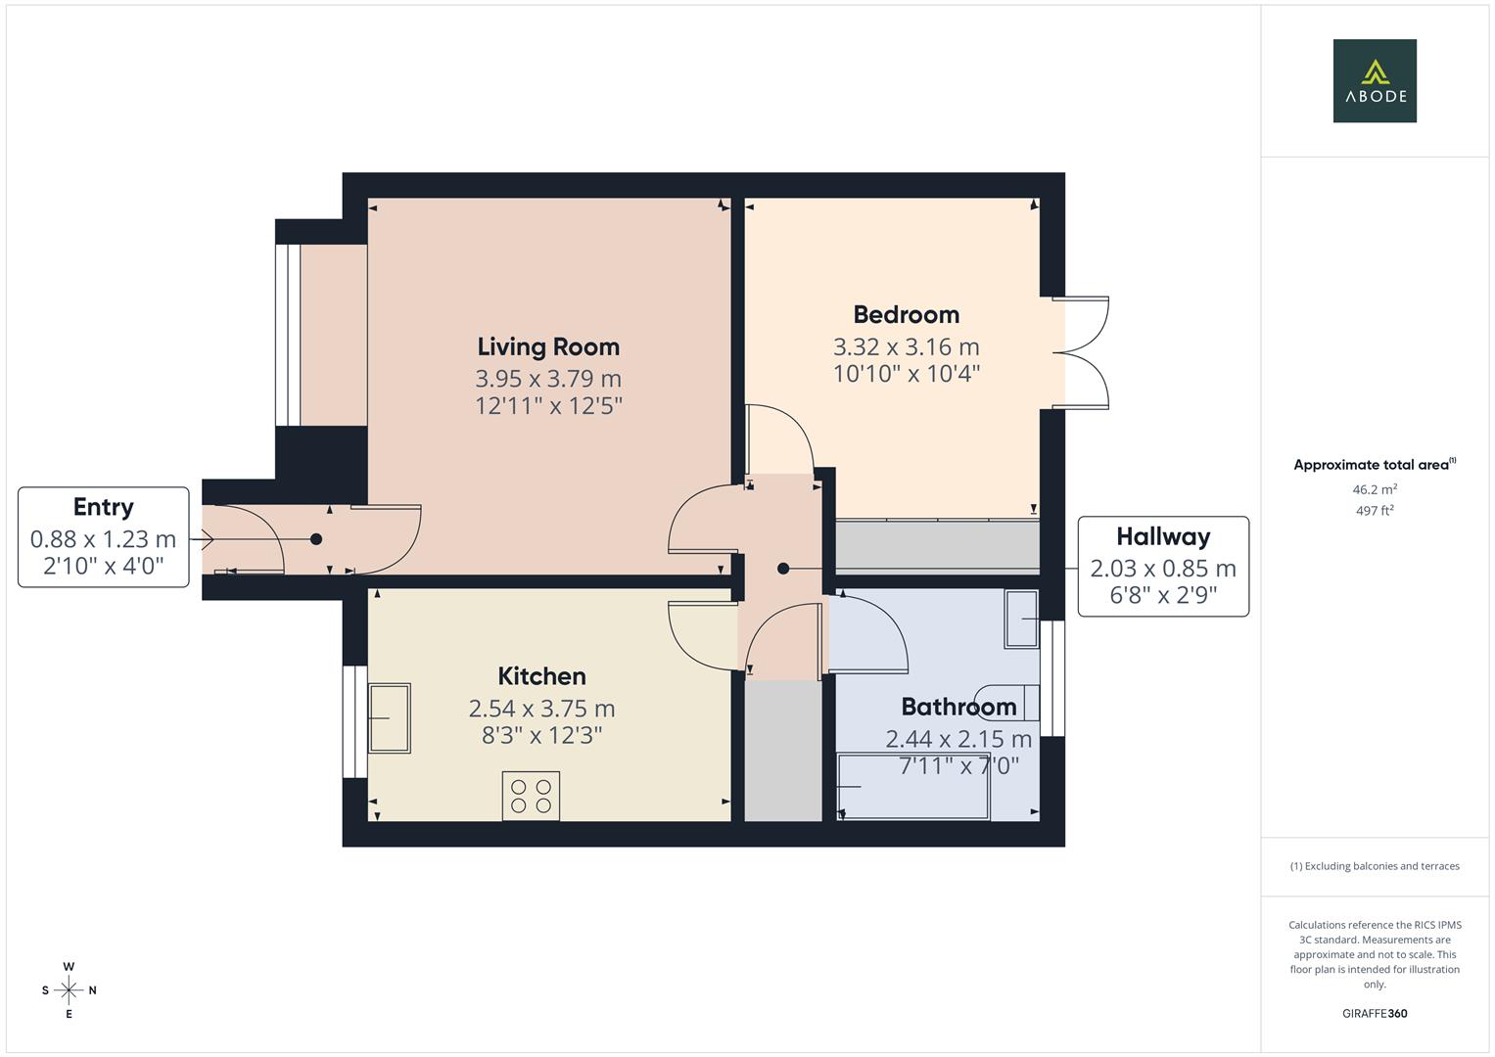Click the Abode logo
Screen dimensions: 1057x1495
(1375, 81)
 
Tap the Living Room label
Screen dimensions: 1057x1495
(548, 346)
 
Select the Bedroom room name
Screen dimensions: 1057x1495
(906, 314)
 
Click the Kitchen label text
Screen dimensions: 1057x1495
(541, 676)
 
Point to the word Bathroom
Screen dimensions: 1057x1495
(958, 707)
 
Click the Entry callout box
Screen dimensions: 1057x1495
(104, 536)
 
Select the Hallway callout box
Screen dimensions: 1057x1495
(1163, 566)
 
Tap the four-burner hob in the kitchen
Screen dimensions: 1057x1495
(531, 795)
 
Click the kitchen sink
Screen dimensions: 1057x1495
(389, 717)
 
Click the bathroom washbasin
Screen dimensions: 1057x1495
(1021, 619)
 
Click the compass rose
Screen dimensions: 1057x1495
(69, 990)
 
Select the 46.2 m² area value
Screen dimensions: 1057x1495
(1375, 489)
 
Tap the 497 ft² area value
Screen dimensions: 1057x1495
(1375, 511)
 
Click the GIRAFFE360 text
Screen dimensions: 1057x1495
(1375, 1014)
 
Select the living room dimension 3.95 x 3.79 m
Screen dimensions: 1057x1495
(548, 379)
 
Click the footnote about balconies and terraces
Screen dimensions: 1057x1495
(1375, 866)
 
